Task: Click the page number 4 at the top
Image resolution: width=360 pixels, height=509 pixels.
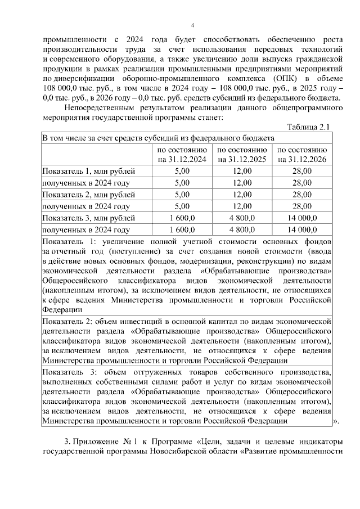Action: tap(192, 25)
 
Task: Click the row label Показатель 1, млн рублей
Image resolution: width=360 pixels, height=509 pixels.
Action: tap(89, 171)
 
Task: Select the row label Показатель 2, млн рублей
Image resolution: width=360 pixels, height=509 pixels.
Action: tap(89, 195)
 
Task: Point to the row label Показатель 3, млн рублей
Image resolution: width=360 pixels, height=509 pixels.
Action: tap(89, 218)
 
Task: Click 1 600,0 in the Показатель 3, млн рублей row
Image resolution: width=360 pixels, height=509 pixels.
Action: tap(182, 218)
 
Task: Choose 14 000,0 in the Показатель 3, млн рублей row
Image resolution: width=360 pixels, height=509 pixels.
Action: tap(302, 218)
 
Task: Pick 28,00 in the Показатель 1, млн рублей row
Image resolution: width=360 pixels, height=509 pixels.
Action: tap(302, 171)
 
